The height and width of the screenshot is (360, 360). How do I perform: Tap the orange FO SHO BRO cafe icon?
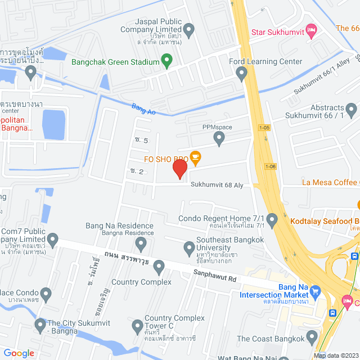click(195, 158)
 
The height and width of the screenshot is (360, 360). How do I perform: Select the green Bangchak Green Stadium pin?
click(166, 59)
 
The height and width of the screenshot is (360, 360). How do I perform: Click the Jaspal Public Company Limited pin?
click(189, 29)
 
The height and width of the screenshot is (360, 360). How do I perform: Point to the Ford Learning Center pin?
click(242, 73)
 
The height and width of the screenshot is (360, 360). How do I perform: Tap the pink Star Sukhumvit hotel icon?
click(310, 28)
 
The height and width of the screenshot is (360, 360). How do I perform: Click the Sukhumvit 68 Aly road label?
click(217, 184)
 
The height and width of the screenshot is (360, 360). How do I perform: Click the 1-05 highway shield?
click(264, 128)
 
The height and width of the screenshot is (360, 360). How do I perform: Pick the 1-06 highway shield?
click(271, 166)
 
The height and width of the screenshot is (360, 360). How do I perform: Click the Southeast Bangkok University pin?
click(190, 246)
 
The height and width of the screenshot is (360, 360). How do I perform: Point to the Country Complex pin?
click(159, 266)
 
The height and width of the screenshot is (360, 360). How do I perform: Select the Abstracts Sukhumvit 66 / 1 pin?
click(352, 109)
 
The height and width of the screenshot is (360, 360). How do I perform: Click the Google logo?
click(19, 353)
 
